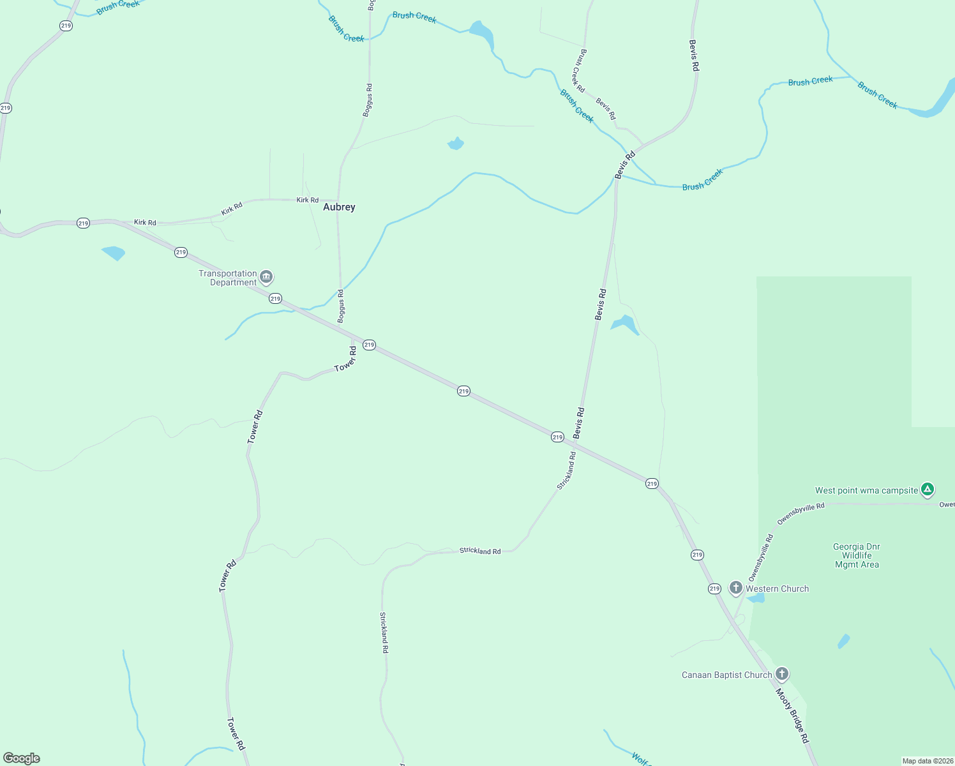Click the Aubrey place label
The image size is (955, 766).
tap(339, 207)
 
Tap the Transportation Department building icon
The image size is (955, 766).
tap(267, 278)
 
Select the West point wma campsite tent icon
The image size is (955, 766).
tap(928, 490)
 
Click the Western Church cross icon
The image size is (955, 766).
tap(736, 588)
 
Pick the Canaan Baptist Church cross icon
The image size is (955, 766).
tap(782, 674)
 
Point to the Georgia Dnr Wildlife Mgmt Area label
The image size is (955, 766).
tap(857, 555)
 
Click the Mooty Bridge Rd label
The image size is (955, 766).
tap(792, 715)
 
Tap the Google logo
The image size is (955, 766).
tap(22, 758)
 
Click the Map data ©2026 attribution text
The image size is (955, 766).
tap(927, 761)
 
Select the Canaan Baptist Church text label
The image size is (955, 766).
tap(726, 675)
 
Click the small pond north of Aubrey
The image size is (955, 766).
tap(456, 144)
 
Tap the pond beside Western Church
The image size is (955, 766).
tap(756, 598)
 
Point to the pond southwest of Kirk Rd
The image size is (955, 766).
tap(114, 253)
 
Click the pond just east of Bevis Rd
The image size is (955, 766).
tap(625, 324)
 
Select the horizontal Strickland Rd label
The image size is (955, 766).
tap(480, 551)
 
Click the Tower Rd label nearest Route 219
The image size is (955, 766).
tap(345, 360)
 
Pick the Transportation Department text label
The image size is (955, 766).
tap(228, 278)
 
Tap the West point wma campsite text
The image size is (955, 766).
tap(866, 490)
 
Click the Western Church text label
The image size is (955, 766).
tap(777, 589)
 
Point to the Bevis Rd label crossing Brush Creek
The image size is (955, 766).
tap(625, 165)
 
